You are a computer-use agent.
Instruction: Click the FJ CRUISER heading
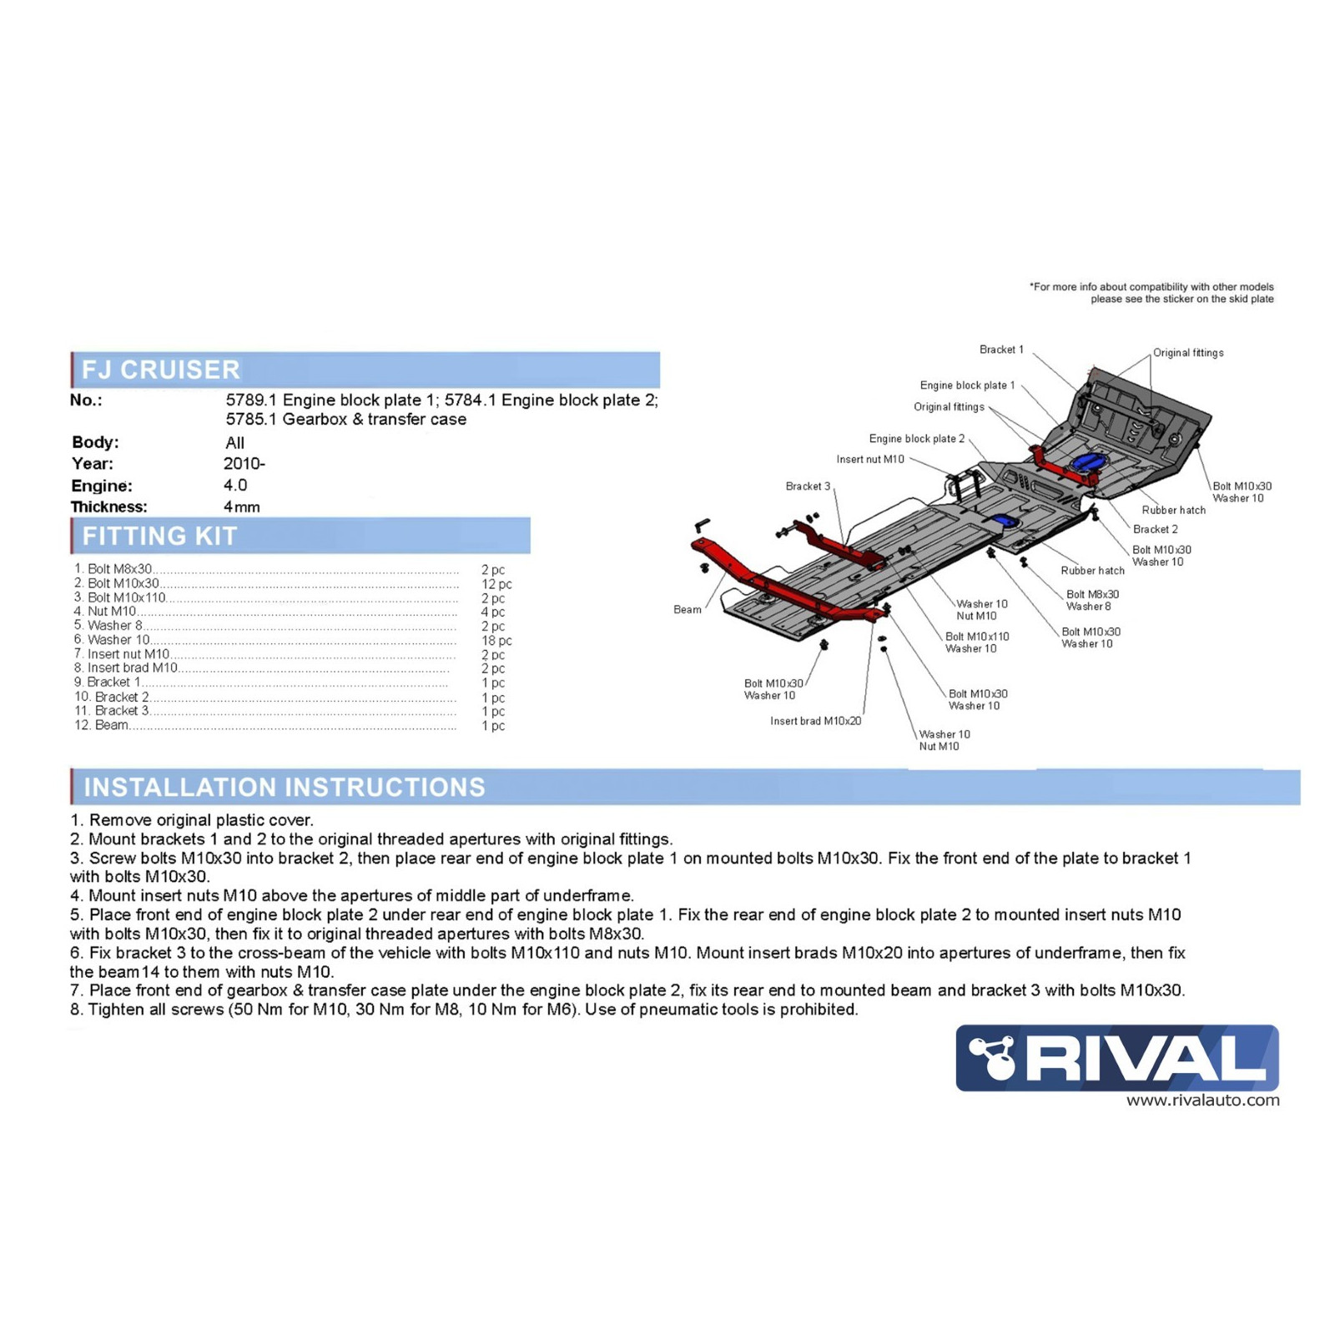click(x=161, y=369)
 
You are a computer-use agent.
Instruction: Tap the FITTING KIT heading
click(x=159, y=536)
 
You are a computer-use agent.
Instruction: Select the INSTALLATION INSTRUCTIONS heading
click(x=284, y=786)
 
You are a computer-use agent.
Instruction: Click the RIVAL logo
click(x=1116, y=1057)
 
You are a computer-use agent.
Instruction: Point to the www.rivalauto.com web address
click(x=1202, y=1101)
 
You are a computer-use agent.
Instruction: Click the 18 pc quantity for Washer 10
click(x=496, y=641)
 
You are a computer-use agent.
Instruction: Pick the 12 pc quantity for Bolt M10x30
click(x=496, y=584)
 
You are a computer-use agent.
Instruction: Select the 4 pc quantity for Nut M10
click(x=492, y=612)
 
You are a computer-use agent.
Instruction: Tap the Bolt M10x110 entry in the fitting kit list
click(x=127, y=597)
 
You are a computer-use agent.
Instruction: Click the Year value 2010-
click(x=244, y=463)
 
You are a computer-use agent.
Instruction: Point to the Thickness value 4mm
click(x=242, y=506)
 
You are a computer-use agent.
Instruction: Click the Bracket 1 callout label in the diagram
click(x=1001, y=350)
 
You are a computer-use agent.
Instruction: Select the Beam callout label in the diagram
click(x=688, y=609)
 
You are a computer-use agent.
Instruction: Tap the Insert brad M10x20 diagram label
click(x=815, y=721)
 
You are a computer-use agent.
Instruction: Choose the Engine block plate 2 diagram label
click(x=916, y=438)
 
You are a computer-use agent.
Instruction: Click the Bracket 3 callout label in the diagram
click(x=808, y=486)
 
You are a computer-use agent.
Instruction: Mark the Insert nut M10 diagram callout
click(x=870, y=459)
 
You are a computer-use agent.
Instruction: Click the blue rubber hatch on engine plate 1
click(x=1088, y=461)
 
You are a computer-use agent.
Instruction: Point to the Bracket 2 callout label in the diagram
click(x=1156, y=529)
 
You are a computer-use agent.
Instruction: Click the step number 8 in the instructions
click(x=76, y=1010)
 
